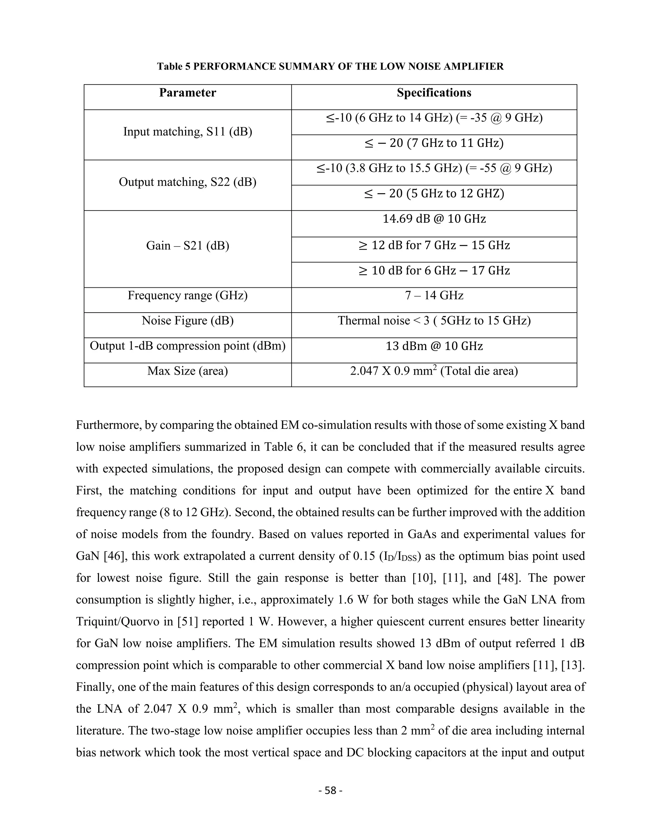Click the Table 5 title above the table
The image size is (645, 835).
[330, 66]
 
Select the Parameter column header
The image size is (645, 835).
[187, 93]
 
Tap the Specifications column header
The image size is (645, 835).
[434, 93]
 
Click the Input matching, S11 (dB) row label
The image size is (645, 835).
[187, 132]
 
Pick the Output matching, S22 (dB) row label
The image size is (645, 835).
[187, 182]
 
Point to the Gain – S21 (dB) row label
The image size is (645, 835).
[187, 245]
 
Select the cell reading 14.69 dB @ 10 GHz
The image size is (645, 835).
[434, 219]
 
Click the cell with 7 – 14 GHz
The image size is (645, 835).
[434, 296]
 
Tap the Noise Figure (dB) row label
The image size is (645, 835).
[187, 321]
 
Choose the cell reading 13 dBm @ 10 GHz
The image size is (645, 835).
[434, 346]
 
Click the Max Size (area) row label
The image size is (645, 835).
[187, 371]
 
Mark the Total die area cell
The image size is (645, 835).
[434, 371]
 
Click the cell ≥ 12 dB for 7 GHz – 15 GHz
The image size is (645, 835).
[434, 245]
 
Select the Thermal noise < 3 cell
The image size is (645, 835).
[434, 321]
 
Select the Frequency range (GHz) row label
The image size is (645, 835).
[187, 296]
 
